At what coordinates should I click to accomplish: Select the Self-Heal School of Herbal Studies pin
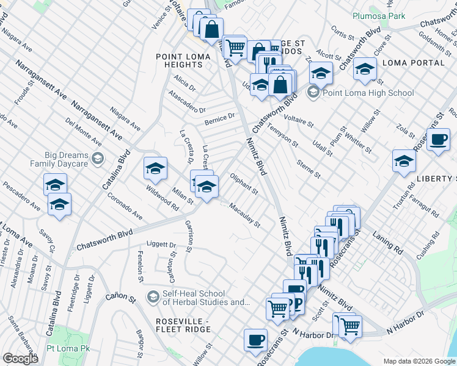pos(153,297)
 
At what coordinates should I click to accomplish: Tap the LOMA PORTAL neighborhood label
pos(413,63)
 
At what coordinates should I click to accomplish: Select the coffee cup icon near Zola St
pos(438,140)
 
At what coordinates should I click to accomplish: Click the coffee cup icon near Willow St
pos(255,340)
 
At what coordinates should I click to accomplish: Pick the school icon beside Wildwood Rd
pos(155,168)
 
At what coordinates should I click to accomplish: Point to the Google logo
pos(20,359)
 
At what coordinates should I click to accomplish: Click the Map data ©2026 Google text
pos(419,361)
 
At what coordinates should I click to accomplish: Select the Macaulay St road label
pos(244,217)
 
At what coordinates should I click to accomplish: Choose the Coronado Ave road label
pos(125,207)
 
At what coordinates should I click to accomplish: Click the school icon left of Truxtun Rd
pos(404,161)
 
